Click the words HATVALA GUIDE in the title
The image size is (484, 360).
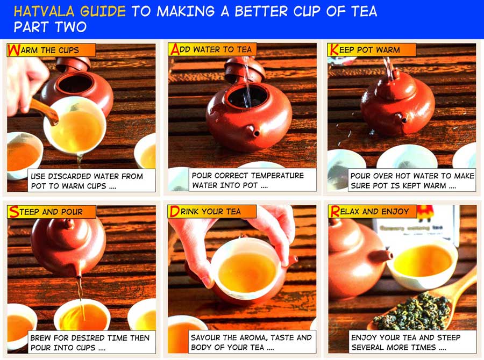pyautogui.click(x=70, y=11)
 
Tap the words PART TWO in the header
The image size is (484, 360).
pyautogui.click(x=49, y=27)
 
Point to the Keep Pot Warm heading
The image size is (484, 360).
pyautogui.click(x=371, y=50)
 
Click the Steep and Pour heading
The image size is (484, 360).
pyautogui.click(x=52, y=212)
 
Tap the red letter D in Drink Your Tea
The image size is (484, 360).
pyautogui.click(x=174, y=212)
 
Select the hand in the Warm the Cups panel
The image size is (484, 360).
pyautogui.click(x=24, y=81)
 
